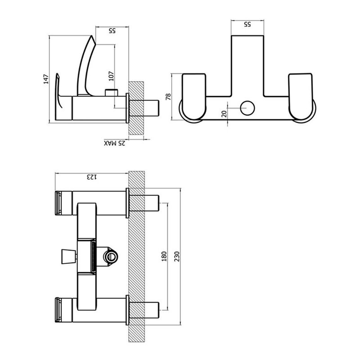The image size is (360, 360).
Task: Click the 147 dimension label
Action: pyautogui.click(x=45, y=80)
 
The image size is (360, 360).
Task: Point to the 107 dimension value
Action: pyautogui.click(x=112, y=77)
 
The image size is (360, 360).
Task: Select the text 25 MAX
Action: pyautogui.click(x=114, y=144)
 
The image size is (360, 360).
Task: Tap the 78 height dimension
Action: pyautogui.click(x=168, y=97)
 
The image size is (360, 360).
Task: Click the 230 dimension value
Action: pyautogui.click(x=176, y=256)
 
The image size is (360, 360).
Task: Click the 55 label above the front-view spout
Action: pyautogui.click(x=247, y=24)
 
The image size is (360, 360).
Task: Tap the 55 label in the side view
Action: pyautogui.click(x=112, y=31)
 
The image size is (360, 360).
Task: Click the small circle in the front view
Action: pyautogui.click(x=247, y=108)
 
